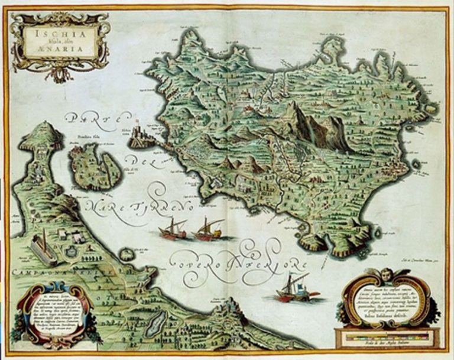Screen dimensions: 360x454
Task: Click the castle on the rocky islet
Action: [x=140, y=135]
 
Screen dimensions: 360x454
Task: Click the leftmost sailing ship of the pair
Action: [x=173, y=229]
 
